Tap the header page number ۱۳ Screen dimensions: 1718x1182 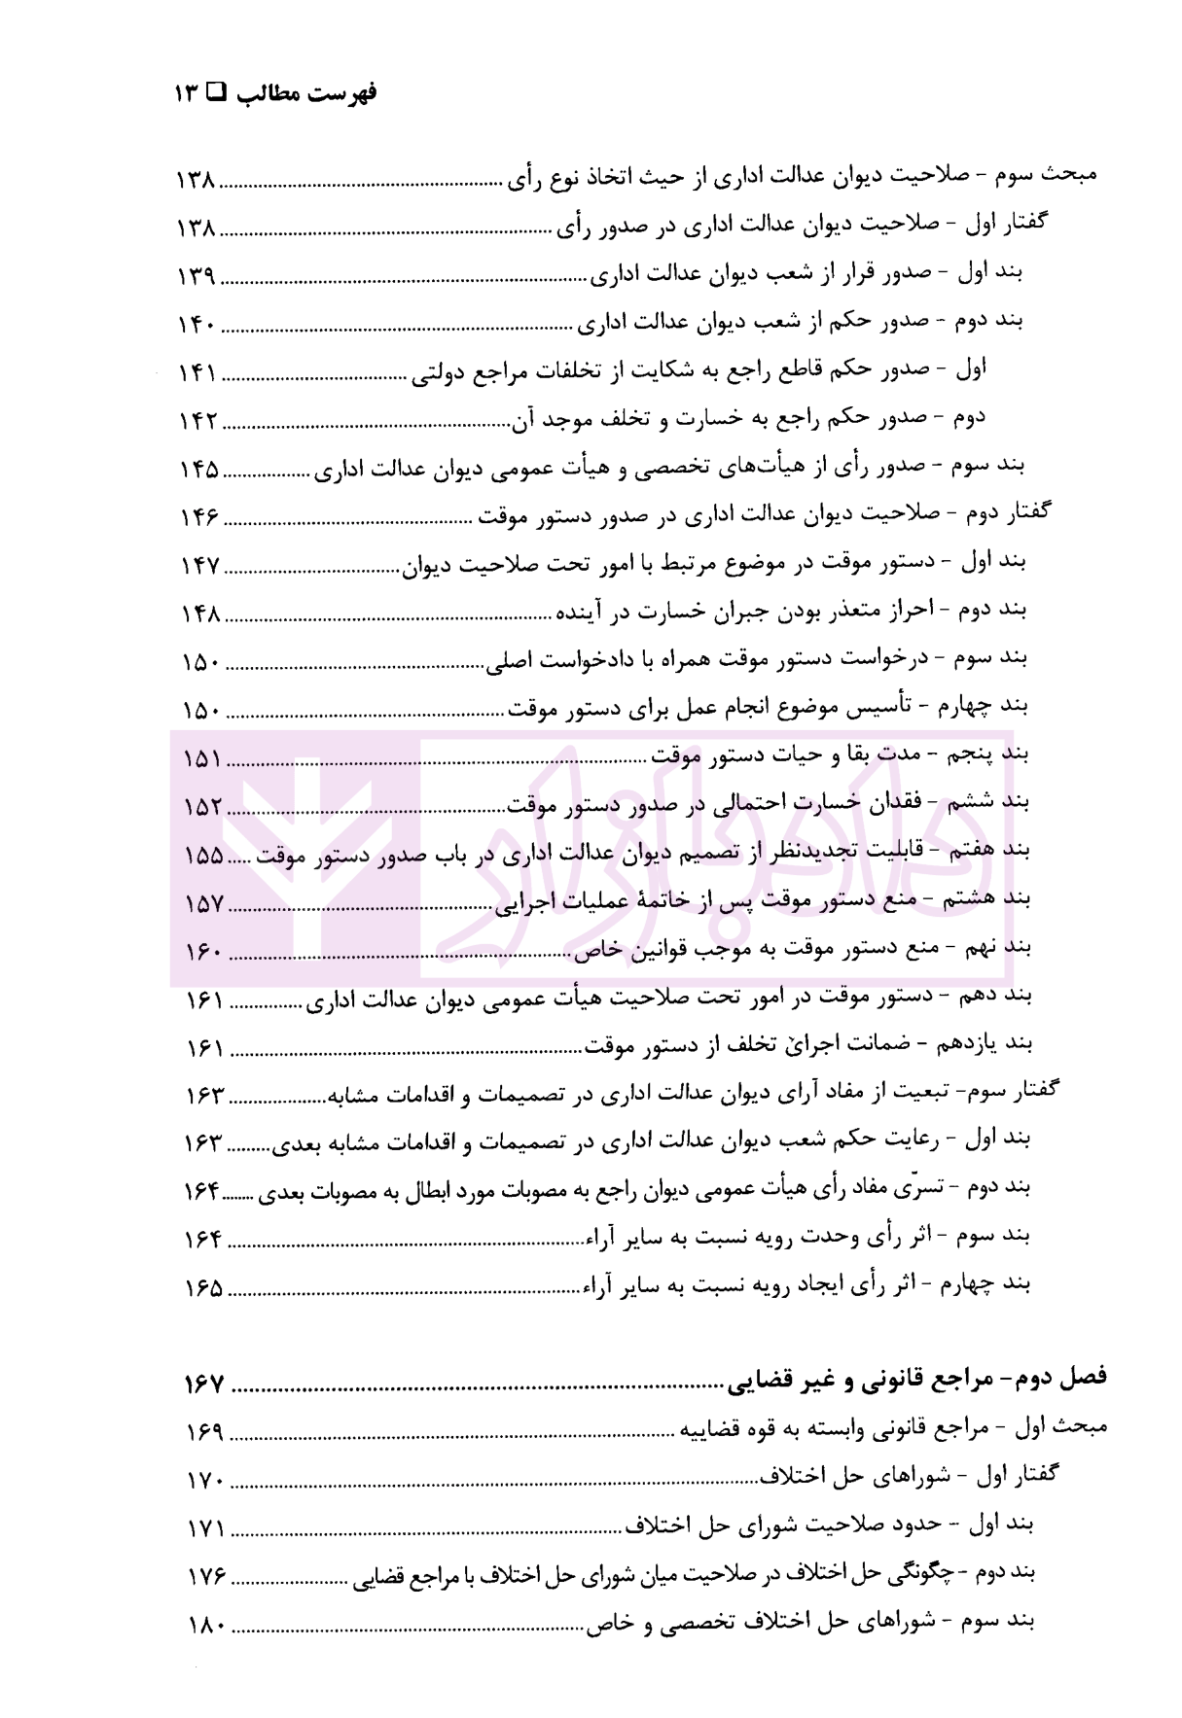pos(187,93)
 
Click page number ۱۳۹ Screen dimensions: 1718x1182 pos(197,276)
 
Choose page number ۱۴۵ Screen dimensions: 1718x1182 pos(200,470)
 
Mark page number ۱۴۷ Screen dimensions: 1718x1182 pos(201,565)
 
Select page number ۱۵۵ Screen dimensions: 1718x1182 pos(204,855)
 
